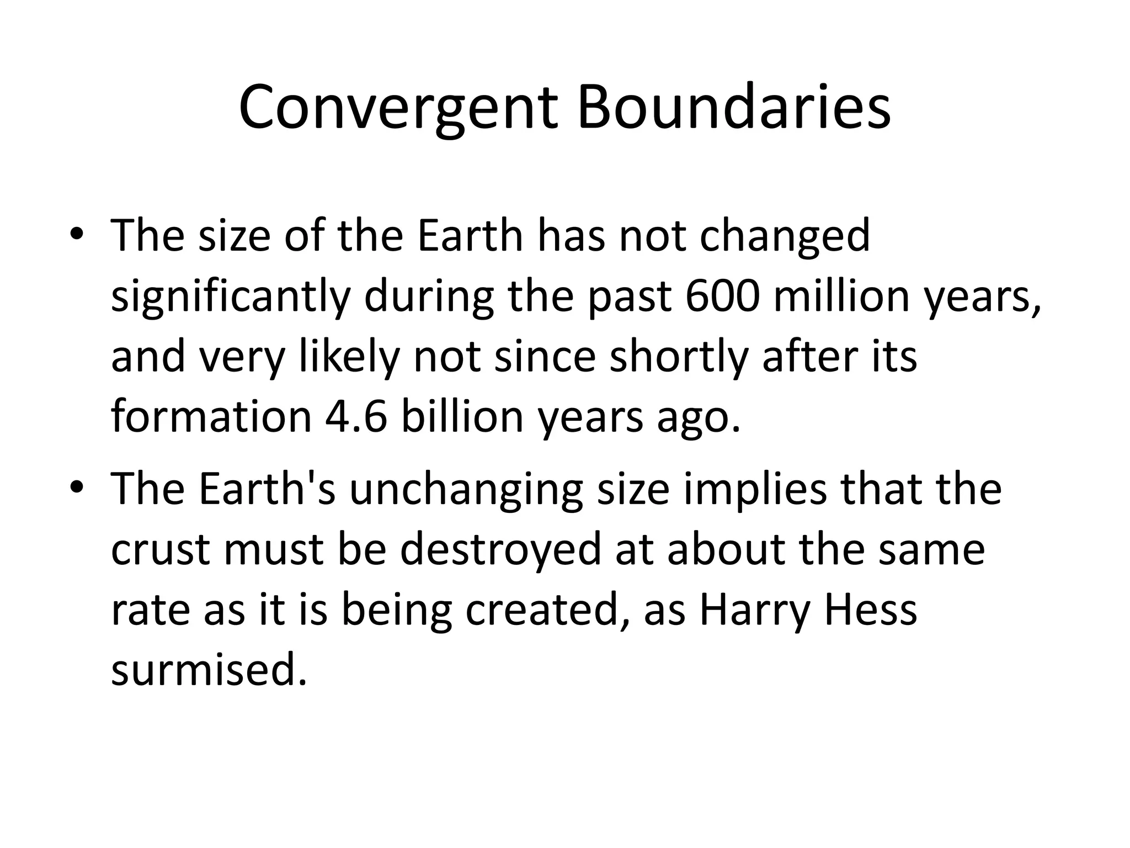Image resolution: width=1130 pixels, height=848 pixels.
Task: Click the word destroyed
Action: pos(500,550)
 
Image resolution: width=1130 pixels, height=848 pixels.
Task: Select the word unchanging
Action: pos(466,490)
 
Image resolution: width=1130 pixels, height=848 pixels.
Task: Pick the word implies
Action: pos(755,490)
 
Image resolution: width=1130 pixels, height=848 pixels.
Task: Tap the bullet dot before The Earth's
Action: pos(76,487)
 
